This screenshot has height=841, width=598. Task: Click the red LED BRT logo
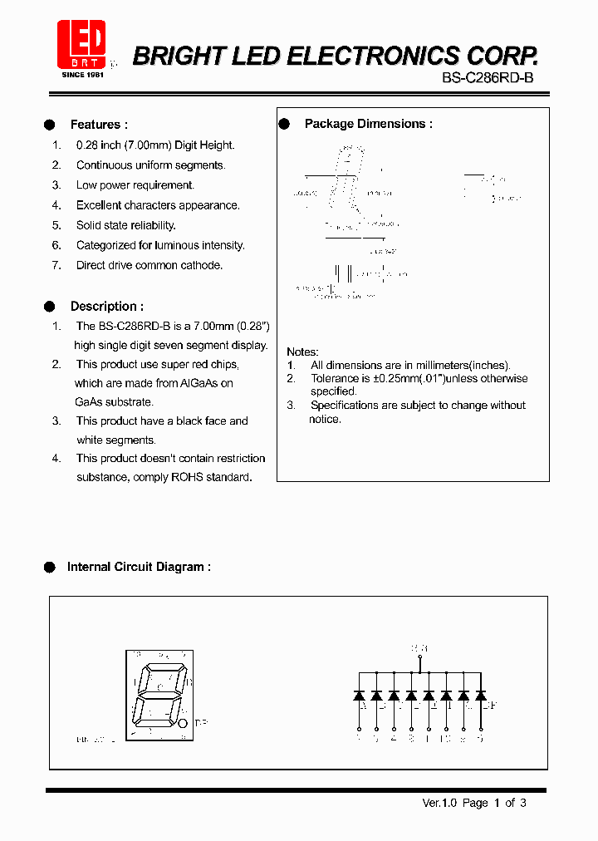pos(81,43)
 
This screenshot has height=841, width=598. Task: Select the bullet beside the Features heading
pos(49,125)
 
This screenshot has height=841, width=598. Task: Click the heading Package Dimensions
pos(368,124)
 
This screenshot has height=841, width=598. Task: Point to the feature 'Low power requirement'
pos(135,185)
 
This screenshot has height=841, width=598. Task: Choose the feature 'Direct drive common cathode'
pos(149,266)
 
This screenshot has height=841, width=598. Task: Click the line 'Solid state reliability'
pos(125,225)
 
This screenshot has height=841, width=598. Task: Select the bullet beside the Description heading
pos(49,306)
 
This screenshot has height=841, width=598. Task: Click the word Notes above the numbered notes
pos(302,352)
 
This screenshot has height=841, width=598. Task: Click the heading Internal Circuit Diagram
pos(138,567)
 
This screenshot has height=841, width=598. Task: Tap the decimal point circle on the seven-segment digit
pos(183,724)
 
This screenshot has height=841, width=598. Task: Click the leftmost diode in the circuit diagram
pos(359,694)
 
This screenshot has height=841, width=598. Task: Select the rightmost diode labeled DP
pos(480,694)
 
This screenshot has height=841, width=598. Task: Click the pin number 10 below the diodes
pos(446,737)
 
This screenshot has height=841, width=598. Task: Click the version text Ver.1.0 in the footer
pos(440,803)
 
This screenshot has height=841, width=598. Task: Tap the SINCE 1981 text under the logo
pos(81,75)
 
